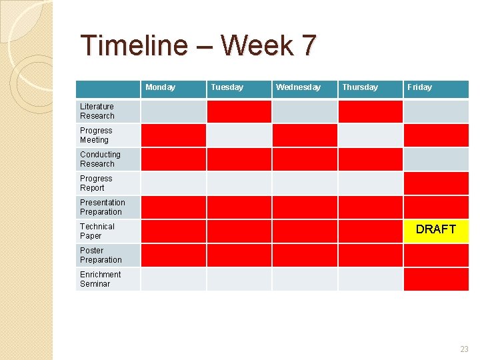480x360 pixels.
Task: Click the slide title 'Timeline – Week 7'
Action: click(198, 46)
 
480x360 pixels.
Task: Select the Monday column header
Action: click(161, 87)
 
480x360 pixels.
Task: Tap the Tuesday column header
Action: click(227, 87)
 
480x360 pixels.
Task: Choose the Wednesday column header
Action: click(298, 87)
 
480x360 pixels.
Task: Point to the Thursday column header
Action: click(360, 87)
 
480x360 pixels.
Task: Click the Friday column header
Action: click(420, 87)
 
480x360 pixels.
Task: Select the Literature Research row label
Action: click(97, 111)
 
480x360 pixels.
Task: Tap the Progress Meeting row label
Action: click(96, 135)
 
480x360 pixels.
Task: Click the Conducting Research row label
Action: click(100, 159)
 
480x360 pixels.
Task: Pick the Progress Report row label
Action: click(96, 183)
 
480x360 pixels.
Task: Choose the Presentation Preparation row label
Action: click(102, 207)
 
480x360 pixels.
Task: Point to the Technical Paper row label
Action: click(97, 231)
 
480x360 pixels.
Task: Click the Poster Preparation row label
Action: click(101, 255)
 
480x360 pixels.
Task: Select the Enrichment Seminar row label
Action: click(100, 279)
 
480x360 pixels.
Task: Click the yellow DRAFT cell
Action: click(436, 230)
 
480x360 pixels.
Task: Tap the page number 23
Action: click(464, 349)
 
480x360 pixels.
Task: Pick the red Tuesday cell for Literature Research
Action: click(239, 111)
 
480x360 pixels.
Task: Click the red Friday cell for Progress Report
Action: click(436, 183)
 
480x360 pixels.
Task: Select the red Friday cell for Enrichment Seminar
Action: click(436, 279)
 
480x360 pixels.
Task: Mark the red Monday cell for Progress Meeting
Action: click(173, 135)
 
